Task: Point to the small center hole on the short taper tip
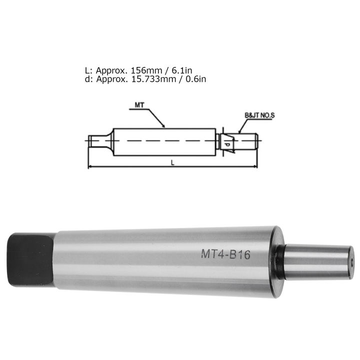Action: pos(351,261)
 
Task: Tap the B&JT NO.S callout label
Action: pos(260,115)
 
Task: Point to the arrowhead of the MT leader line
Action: pos(163,126)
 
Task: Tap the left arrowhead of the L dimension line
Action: pos(90,166)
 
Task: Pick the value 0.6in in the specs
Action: pos(195,78)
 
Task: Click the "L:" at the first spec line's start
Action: pos(89,70)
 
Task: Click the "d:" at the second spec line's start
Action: pos(89,78)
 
